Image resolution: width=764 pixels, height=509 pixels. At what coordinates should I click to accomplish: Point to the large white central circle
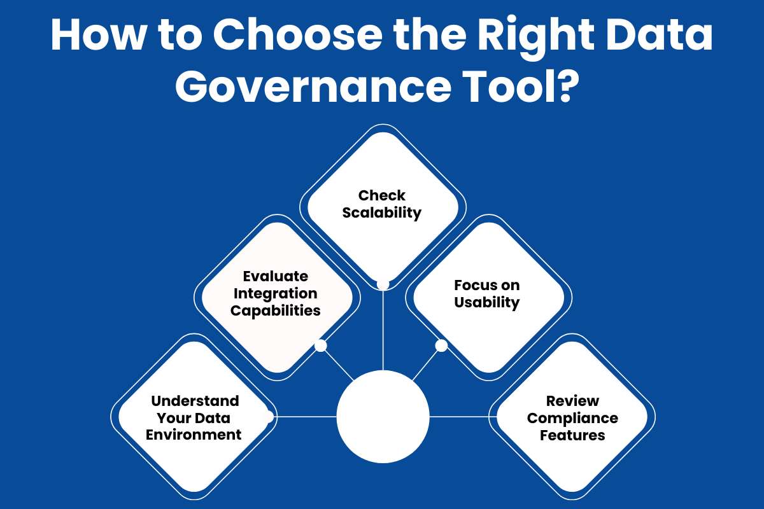coord(383,417)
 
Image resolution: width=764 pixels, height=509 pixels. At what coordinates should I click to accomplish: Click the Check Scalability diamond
coord(382,204)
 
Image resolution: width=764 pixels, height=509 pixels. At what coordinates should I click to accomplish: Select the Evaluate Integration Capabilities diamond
coord(276,293)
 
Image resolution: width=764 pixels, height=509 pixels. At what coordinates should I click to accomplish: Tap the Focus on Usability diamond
coord(488,294)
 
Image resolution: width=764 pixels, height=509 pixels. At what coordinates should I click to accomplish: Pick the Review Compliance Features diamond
coord(572,418)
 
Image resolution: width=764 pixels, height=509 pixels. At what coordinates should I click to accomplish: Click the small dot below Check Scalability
coord(383,284)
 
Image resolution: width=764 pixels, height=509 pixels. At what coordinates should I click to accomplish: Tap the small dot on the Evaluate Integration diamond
coord(321,345)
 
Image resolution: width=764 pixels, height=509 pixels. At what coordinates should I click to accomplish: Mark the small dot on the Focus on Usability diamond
coord(441,345)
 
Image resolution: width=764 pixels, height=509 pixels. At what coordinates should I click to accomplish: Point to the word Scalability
coord(382,213)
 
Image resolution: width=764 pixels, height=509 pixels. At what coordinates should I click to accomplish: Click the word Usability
coord(487,303)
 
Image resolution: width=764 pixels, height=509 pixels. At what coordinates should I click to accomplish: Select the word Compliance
coord(572,419)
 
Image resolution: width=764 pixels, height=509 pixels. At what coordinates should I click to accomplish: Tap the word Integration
coord(276,294)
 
